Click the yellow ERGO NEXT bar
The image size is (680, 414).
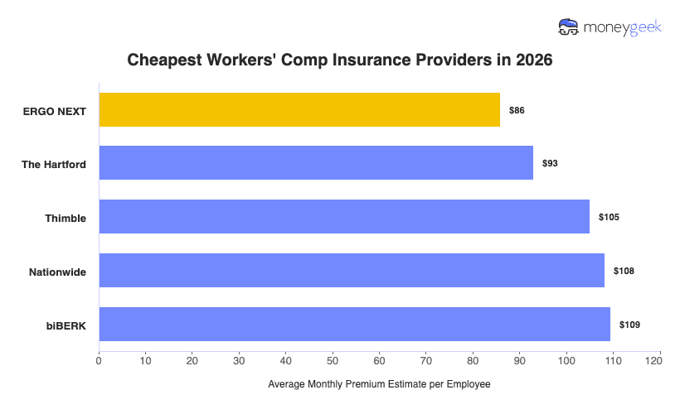[299, 110]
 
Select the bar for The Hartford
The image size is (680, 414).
[316, 163]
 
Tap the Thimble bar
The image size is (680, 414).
[344, 217]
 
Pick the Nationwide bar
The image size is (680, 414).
[352, 271]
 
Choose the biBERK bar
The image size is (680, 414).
[354, 325]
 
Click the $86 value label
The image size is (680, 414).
[517, 110]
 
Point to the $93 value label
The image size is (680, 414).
[550, 163]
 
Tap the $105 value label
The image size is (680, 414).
[609, 217]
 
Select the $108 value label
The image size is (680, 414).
[624, 271]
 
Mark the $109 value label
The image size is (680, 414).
[629, 325]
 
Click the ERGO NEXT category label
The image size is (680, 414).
[55, 110]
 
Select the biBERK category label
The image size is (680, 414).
[66, 325]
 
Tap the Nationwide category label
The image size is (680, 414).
[57, 271]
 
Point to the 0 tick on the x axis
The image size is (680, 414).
[99, 360]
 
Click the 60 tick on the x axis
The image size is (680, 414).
[379, 360]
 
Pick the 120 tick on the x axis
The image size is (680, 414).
[659, 360]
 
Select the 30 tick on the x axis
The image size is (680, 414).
[239, 360]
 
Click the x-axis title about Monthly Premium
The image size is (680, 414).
[379, 384]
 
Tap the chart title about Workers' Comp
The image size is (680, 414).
[339, 60]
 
